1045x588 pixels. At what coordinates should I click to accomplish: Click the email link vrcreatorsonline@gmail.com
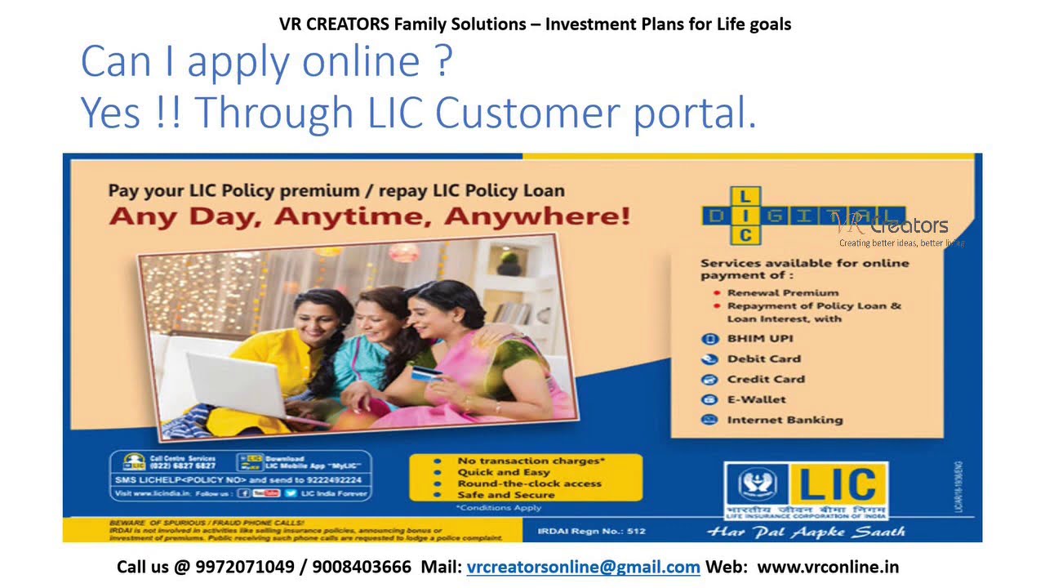click(x=583, y=567)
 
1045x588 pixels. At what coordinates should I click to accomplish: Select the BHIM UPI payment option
click(x=759, y=338)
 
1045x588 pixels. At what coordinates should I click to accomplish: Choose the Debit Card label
click(x=763, y=359)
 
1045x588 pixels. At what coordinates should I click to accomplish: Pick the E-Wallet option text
click(x=756, y=399)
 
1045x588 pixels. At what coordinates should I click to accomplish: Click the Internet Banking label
click(x=784, y=420)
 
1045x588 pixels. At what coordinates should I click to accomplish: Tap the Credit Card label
click(x=765, y=379)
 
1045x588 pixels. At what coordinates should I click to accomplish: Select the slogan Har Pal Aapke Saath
click(x=805, y=532)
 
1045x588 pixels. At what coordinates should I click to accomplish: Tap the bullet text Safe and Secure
click(x=505, y=495)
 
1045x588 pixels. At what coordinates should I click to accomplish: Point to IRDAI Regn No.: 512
click(x=591, y=532)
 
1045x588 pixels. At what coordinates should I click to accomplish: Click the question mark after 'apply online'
click(x=443, y=62)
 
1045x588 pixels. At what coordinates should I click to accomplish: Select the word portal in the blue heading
click(x=695, y=114)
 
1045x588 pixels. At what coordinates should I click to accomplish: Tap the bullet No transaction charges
click(x=531, y=461)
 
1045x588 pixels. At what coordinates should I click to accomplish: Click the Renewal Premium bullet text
click(x=782, y=292)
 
